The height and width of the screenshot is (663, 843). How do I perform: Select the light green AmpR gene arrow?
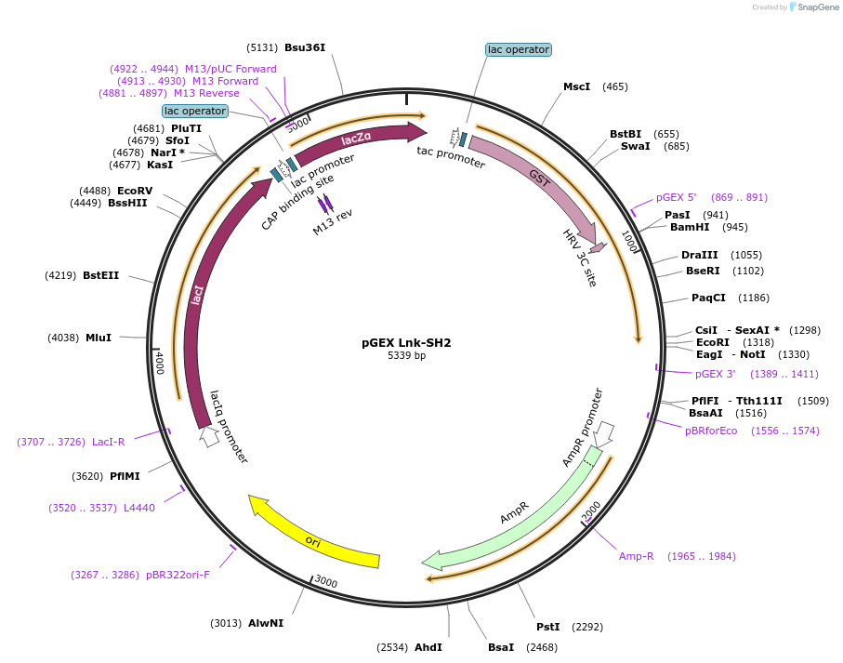pos(520,517)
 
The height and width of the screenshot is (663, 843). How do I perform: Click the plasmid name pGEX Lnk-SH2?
pos(406,342)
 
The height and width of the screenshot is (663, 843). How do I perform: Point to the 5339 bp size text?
pos(406,355)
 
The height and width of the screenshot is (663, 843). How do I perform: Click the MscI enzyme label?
pos(576,86)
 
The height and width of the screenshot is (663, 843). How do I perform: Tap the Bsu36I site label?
pos(305,47)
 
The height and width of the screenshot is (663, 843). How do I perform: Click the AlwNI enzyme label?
pos(266,623)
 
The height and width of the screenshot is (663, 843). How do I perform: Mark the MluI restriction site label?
pos(99,338)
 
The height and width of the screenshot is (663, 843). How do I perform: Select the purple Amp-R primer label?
pos(637,556)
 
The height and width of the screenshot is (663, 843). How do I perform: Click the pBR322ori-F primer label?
pos(178,575)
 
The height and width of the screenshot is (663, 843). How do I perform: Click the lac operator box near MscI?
pos(518,49)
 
